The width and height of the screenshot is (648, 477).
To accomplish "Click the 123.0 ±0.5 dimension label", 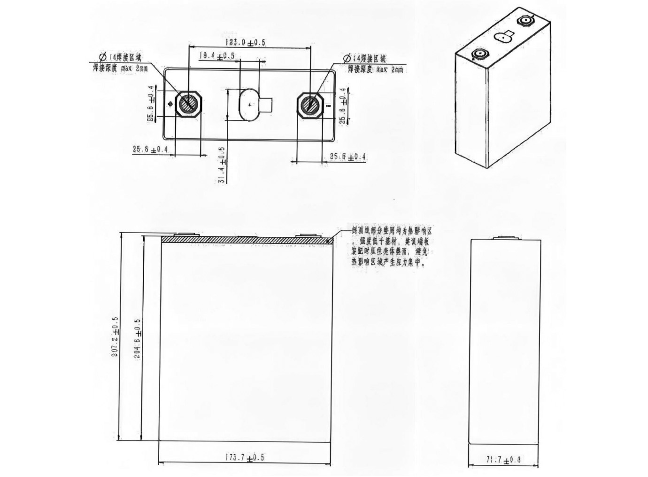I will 245,42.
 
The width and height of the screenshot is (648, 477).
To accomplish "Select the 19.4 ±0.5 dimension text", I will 217,55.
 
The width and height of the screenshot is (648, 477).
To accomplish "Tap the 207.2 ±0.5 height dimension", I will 115,337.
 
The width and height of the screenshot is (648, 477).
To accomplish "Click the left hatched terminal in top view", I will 189,103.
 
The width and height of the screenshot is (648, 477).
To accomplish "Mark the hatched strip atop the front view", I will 247,240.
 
